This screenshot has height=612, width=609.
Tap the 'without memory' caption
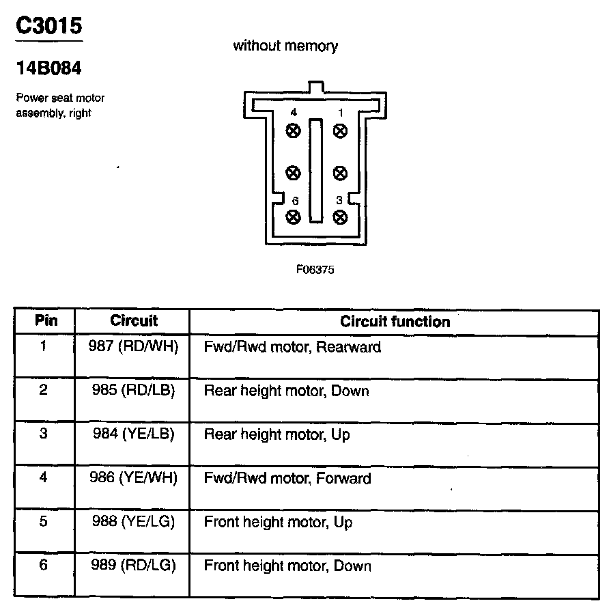[285, 46]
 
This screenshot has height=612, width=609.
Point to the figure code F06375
[315, 269]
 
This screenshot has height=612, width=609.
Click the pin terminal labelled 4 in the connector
[294, 130]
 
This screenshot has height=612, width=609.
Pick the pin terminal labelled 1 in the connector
[339, 130]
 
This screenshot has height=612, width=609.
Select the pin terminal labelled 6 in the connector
[294, 217]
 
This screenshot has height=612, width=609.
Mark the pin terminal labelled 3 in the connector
[339, 217]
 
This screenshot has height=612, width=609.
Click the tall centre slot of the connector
[315, 170]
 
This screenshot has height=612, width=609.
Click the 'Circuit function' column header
[395, 322]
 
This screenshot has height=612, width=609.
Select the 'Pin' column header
[46, 320]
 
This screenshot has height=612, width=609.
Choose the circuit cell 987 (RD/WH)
[133, 346]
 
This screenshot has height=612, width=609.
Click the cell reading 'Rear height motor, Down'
[286, 391]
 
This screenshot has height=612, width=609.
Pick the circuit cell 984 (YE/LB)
[133, 434]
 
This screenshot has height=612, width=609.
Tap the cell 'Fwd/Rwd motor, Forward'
[287, 478]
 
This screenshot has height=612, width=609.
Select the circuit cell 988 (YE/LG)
[133, 522]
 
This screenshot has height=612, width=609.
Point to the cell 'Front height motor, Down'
[287, 566]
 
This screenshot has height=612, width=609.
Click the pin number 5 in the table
[44, 522]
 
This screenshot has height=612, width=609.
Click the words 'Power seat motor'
[60, 98]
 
